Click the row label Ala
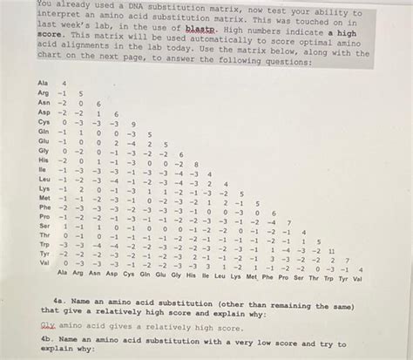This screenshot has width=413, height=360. coord(43,84)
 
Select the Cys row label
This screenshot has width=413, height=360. coord(43,124)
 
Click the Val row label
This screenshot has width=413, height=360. coord(43,262)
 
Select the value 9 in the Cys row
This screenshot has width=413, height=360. coord(132,124)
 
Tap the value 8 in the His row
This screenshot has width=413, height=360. coord(197,163)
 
